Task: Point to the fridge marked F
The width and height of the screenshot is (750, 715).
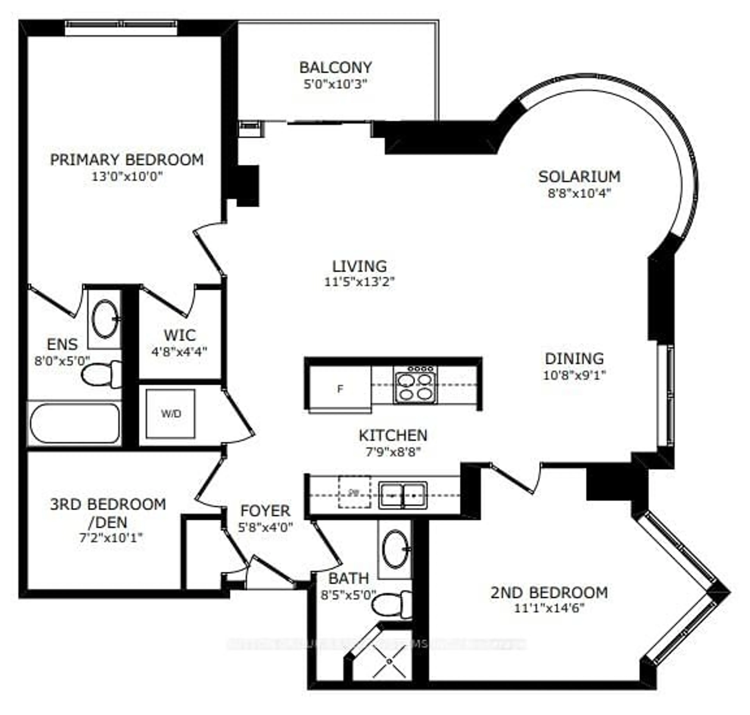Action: (340, 389)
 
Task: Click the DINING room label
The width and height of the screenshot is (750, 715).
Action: (574, 359)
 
